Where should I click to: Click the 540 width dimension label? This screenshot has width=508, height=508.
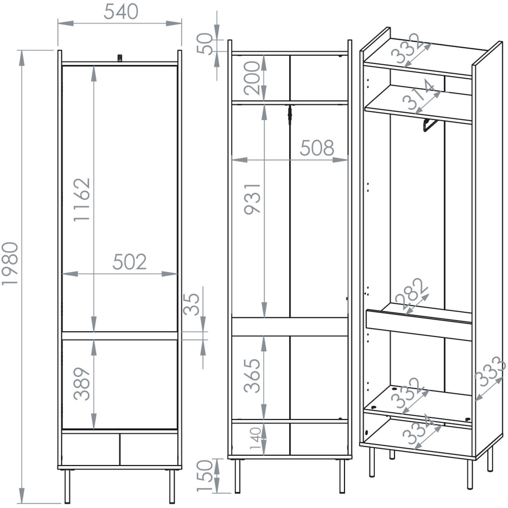click(x=121, y=12)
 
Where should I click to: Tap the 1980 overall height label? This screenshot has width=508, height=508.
click(x=10, y=264)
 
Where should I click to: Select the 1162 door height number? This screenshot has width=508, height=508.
click(x=82, y=200)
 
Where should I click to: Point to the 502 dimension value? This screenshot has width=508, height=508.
click(x=129, y=262)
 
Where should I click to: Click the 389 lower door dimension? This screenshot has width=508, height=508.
click(x=82, y=384)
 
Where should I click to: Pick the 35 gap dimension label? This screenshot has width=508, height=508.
click(x=191, y=304)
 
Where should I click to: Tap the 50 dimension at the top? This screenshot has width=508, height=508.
click(x=205, y=44)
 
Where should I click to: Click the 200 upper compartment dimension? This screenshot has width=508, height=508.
click(x=252, y=78)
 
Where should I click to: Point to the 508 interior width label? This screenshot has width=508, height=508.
click(x=317, y=148)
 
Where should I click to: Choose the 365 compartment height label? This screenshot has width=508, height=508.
click(x=252, y=376)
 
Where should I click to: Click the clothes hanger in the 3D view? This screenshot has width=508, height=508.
click(x=430, y=125)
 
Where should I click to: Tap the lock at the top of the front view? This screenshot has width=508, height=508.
click(x=120, y=58)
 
